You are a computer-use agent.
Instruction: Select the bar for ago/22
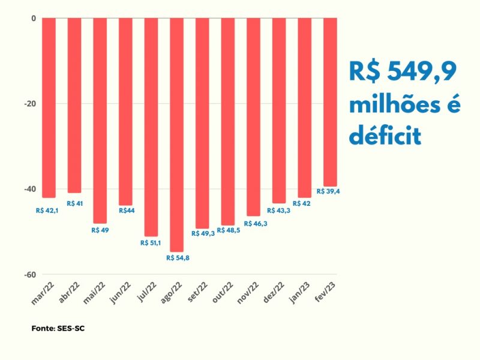(176, 135)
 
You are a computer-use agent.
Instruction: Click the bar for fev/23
(330, 102)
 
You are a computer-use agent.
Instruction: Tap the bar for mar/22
(49, 108)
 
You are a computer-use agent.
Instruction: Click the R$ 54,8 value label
(177, 258)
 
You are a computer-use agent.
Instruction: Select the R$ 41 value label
(75, 203)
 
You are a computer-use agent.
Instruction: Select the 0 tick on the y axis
(33, 19)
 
